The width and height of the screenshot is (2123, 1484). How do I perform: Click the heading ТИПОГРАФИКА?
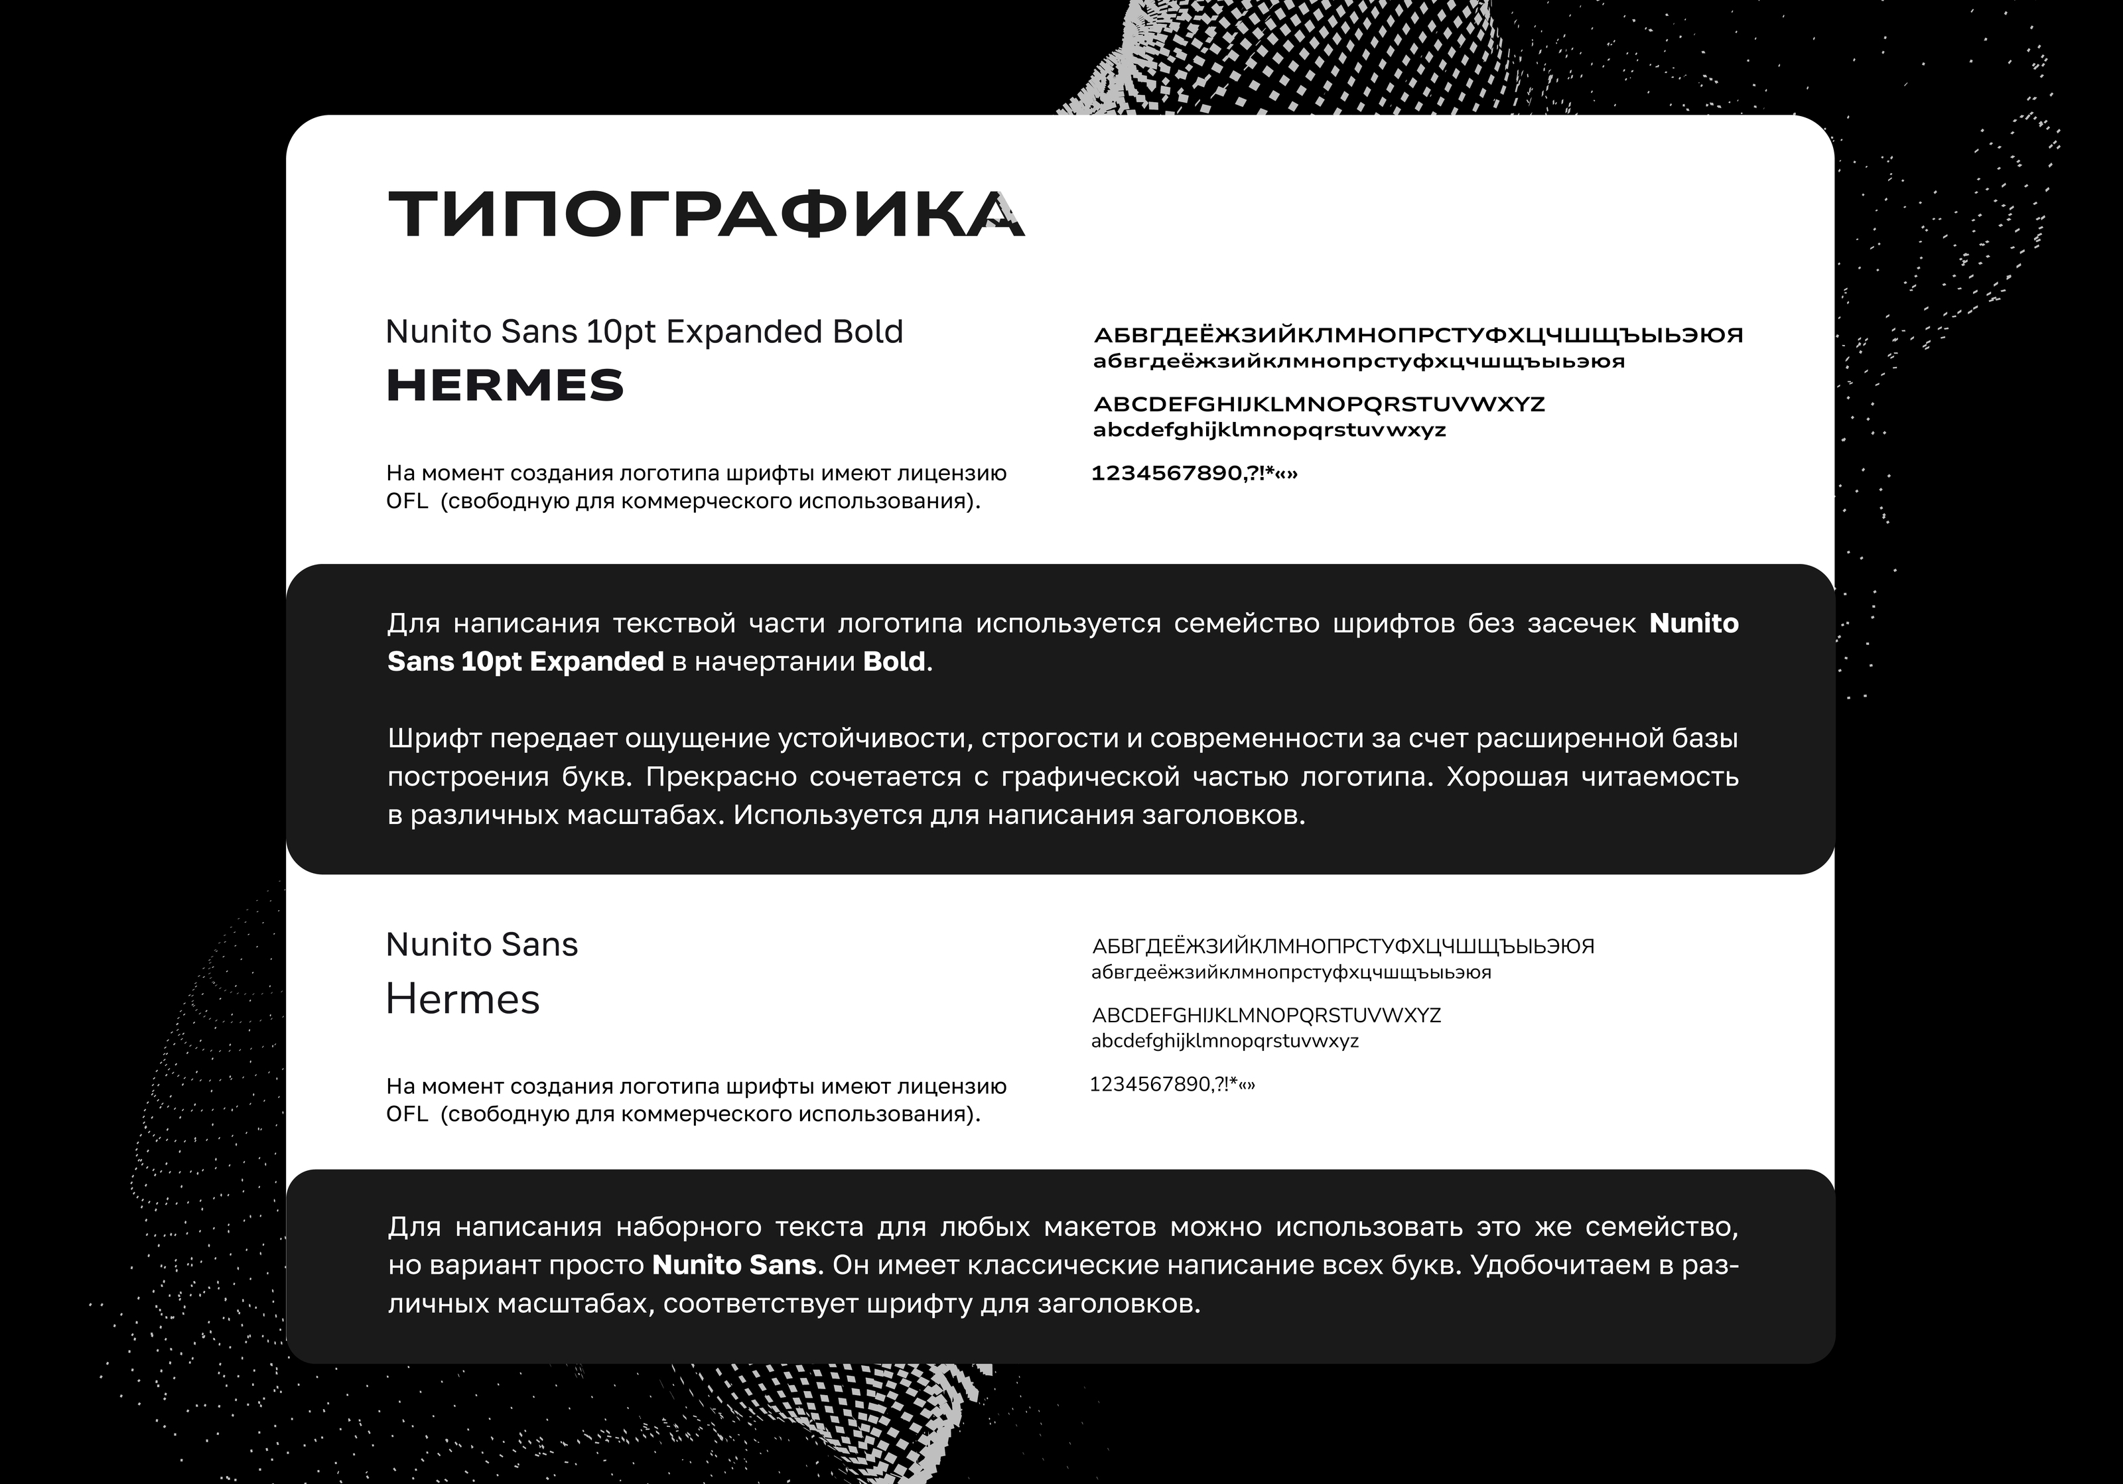(x=705, y=214)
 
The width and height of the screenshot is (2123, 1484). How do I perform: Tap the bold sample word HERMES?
(x=505, y=385)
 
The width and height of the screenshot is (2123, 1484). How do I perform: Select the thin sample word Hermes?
(x=462, y=998)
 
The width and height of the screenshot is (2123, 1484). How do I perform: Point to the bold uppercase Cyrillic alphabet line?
(x=1418, y=335)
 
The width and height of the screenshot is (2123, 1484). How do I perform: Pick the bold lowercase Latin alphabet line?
(x=1268, y=430)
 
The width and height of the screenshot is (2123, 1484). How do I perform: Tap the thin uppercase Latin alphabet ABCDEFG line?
(x=1266, y=1015)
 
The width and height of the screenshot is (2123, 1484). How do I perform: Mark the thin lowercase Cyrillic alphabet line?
(x=1291, y=972)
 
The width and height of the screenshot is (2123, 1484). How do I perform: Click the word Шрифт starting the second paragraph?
(x=434, y=739)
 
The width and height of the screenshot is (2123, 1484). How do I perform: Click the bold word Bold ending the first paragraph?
(x=893, y=662)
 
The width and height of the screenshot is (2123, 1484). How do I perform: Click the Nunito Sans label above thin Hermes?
(x=481, y=944)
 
